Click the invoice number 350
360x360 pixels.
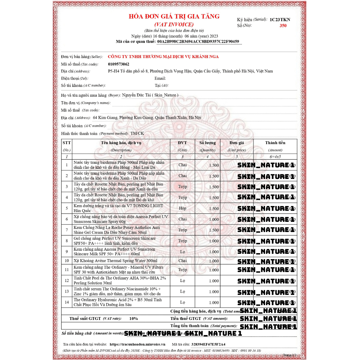283,26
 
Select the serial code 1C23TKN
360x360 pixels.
280,20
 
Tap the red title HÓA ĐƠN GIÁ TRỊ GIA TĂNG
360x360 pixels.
174,17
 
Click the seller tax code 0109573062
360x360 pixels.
118,64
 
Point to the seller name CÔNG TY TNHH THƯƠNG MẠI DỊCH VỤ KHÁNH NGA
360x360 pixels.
163,57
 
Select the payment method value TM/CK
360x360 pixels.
137,134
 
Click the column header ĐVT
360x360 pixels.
182,143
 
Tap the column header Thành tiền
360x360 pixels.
275,143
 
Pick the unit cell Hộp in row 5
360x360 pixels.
182,208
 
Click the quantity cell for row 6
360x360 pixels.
214,219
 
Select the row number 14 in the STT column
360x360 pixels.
66,302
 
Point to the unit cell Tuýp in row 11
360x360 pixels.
182,270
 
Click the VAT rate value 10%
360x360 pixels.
134,319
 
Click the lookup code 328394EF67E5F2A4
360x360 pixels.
208,345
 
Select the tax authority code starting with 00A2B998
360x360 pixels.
198,41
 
